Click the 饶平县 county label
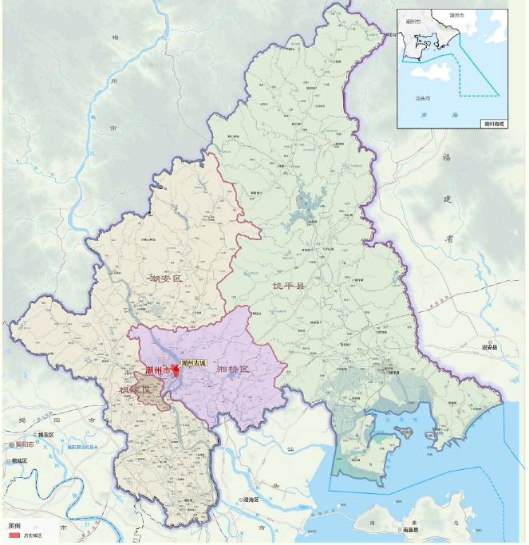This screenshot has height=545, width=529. pos(288,285)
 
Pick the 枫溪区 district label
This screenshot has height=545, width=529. pos(135,390)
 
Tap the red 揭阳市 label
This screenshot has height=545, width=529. pos(24,444)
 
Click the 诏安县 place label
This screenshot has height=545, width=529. pos(489,348)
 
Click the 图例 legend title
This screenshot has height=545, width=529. pos(14,527)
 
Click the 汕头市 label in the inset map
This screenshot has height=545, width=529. pos(424,98)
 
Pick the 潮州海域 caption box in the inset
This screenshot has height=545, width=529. pos(494,123)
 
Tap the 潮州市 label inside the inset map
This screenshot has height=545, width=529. pos(413,22)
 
